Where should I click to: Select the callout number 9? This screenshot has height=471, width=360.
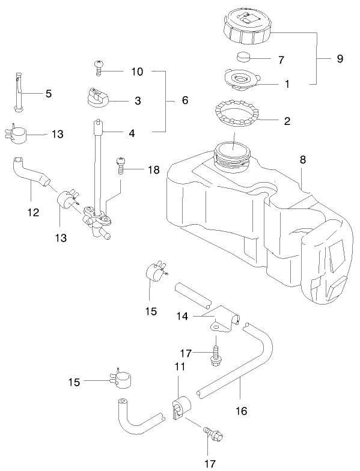(x=340, y=59)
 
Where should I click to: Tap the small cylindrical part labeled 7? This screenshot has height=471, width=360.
(x=245, y=58)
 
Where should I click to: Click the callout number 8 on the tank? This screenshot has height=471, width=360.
(x=303, y=160)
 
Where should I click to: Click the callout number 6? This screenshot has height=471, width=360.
(x=185, y=100)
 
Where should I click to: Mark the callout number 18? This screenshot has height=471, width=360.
(x=153, y=170)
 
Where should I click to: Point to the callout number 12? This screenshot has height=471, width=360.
(x=33, y=212)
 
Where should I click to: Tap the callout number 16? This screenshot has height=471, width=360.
(x=240, y=412)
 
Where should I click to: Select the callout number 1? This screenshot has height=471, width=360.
(x=287, y=84)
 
